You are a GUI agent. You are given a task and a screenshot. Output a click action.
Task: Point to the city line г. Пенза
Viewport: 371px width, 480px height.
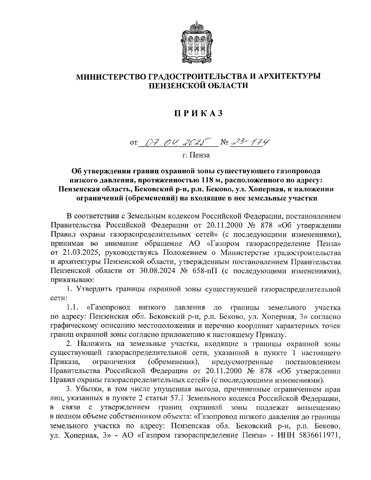(196, 155)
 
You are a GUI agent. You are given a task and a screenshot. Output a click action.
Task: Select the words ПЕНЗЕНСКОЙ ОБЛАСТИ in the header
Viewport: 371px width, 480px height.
(198, 85)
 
